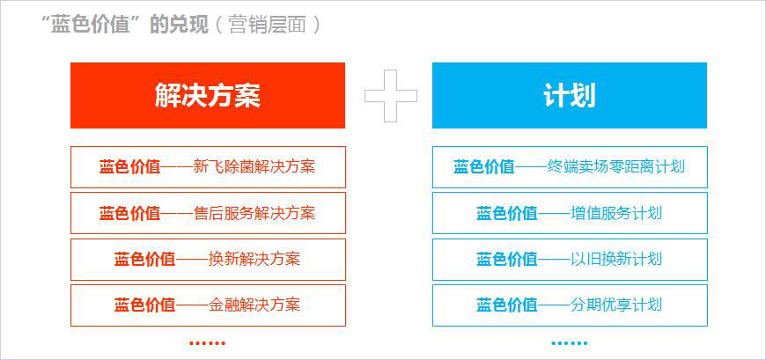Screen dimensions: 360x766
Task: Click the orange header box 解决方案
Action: tap(208, 95)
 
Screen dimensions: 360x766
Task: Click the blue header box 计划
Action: tap(569, 95)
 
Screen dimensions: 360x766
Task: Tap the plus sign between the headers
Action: tap(390, 95)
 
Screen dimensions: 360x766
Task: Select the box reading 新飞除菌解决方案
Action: tap(208, 166)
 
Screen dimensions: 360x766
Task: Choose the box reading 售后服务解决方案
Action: tap(208, 213)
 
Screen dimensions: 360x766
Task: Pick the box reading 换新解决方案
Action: tap(208, 259)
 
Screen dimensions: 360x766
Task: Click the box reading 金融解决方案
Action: tap(208, 305)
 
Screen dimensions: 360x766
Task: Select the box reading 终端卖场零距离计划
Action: tap(569, 166)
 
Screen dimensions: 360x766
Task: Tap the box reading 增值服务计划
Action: tap(569, 213)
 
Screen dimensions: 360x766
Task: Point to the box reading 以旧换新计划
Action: tap(569, 259)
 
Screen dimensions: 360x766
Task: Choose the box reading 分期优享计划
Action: tap(569, 305)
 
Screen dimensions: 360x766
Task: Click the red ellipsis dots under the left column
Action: tap(208, 343)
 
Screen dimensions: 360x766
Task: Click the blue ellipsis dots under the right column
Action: tap(569, 343)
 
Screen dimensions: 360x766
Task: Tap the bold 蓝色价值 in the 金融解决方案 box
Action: tap(144, 305)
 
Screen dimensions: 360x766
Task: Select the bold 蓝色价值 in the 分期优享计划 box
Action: tap(506, 305)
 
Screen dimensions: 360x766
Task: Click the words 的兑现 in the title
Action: tap(175, 25)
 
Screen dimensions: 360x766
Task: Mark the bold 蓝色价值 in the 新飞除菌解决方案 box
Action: tap(129, 166)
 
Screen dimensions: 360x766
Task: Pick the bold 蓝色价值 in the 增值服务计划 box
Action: tap(506, 213)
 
